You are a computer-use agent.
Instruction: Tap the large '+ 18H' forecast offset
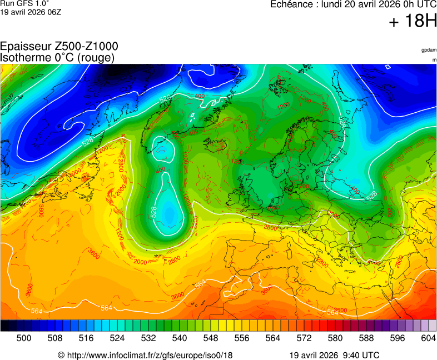tap(413, 22)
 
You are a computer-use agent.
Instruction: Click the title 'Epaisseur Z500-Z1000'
tap(59, 47)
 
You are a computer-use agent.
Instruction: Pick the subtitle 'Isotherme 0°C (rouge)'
tap(57, 57)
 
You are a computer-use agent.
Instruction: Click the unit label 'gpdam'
tap(429, 50)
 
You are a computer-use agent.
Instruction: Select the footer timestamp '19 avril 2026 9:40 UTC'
tap(334, 355)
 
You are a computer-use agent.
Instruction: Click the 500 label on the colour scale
tap(24, 338)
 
